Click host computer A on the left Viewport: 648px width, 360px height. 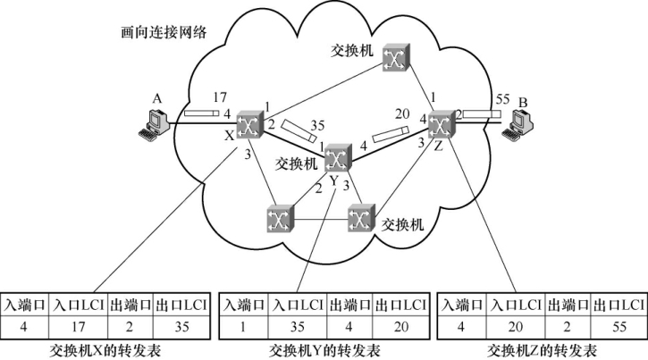(152, 122)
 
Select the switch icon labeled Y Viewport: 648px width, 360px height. (337, 158)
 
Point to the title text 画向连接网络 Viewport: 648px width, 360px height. (164, 32)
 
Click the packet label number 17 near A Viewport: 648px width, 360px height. (222, 96)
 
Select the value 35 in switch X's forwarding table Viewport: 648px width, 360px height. (181, 325)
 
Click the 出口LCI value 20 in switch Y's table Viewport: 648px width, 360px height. (398, 325)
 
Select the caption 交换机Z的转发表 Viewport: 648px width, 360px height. (543, 348)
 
